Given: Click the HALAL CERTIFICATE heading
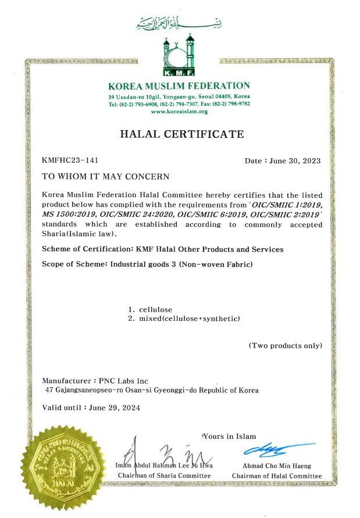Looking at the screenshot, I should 181,134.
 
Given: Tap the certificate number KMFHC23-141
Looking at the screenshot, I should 66,160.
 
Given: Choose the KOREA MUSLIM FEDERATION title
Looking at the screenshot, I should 179,85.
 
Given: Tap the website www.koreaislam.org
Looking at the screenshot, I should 179,111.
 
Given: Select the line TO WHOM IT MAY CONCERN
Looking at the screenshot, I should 106,176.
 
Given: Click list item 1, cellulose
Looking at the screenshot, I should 155,309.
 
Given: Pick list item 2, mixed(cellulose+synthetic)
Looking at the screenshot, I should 188,319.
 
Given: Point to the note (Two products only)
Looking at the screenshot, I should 285,345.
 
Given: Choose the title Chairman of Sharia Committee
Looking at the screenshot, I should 165,476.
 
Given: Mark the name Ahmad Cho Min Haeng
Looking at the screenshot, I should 276,466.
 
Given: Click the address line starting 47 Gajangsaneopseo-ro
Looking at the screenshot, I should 152,390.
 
